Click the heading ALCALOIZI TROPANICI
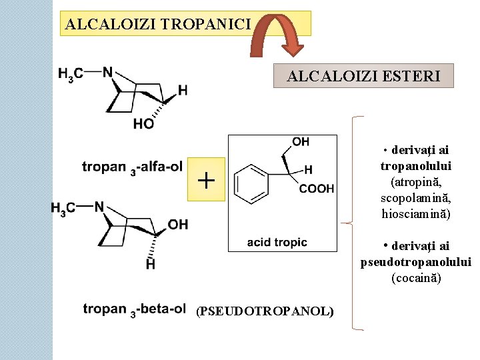[158, 25]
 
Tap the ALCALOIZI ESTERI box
[363, 76]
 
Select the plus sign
[207, 180]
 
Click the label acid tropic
[277, 242]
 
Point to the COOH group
[316, 189]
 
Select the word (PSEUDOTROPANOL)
[265, 311]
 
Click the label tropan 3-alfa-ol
[132, 167]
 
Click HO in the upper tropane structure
[143, 123]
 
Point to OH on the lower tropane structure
[178, 224]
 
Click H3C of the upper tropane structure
[71, 74]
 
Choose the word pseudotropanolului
[416, 262]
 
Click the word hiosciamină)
[416, 214]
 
